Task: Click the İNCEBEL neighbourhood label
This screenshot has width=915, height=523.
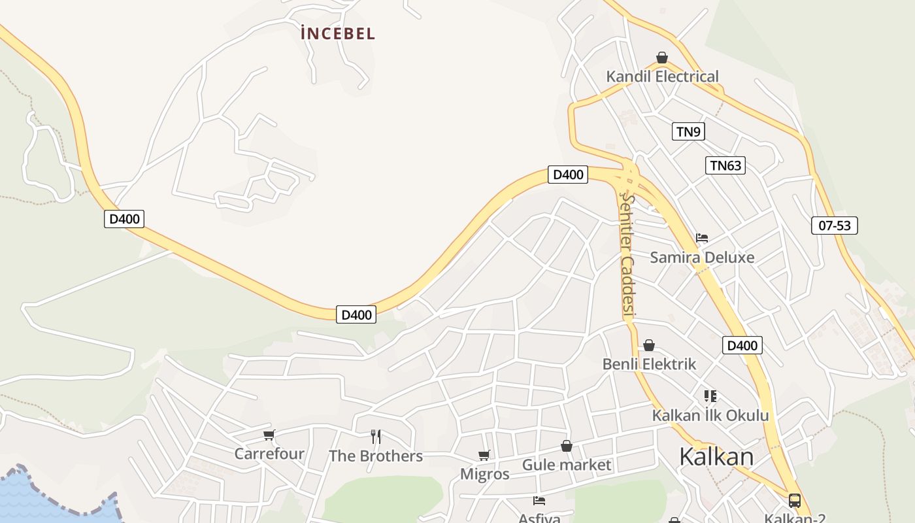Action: [x=338, y=33]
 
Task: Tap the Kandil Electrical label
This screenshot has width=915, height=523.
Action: [x=662, y=76]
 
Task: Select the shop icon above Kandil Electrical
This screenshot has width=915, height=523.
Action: [x=662, y=58]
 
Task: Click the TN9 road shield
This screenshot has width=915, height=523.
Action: [x=688, y=131]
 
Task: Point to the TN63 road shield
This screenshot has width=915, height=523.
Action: [x=725, y=165]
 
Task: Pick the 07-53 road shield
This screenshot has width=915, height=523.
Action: [x=835, y=226]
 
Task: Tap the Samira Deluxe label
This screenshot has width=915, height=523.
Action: [x=702, y=257]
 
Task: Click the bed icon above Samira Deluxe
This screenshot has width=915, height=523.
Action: [x=702, y=237]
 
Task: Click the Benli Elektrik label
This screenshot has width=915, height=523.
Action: [x=649, y=364]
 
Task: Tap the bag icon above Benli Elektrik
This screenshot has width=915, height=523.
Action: [x=649, y=345]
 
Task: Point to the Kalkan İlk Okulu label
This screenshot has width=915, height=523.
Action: [x=710, y=415]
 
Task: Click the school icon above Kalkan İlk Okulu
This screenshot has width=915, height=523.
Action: [x=710, y=396]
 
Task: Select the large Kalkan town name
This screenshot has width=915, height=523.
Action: [x=716, y=456]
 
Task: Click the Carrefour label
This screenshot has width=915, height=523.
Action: [x=269, y=454]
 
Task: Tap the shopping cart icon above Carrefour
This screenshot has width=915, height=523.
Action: [x=269, y=435]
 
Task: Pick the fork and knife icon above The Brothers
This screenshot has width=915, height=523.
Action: [x=376, y=437]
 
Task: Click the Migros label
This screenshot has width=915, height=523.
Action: [x=484, y=474]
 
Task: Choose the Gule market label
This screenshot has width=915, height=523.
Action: [x=566, y=465]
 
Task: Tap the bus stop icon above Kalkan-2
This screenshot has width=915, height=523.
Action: [x=795, y=501]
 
